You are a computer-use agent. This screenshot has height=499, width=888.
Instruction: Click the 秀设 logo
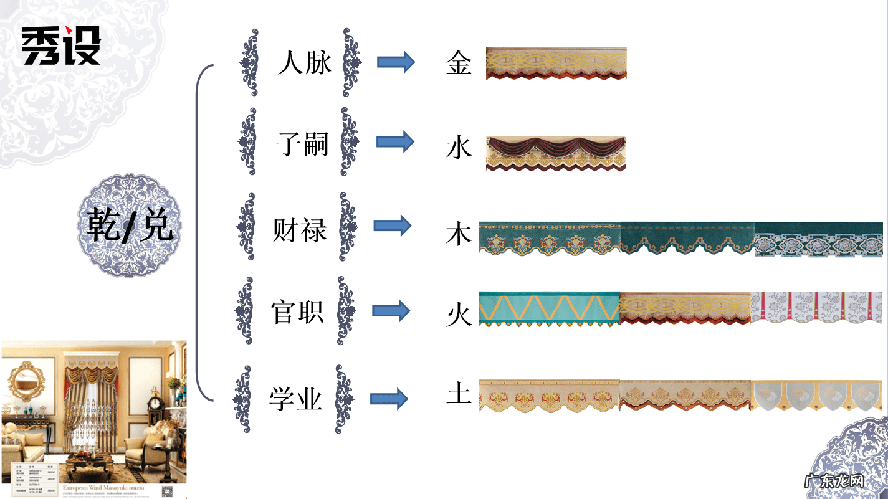pyautogui.click(x=61, y=46)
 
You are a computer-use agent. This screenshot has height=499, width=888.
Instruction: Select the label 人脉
pyautogui.click(x=304, y=63)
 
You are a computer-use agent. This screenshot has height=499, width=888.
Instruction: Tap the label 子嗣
pyautogui.click(x=302, y=145)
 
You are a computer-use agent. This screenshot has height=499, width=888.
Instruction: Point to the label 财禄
pyautogui.click(x=300, y=230)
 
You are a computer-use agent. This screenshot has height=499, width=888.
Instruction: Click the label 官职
pyautogui.click(x=297, y=311)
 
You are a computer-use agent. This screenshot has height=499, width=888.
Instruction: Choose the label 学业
pyautogui.click(x=295, y=399)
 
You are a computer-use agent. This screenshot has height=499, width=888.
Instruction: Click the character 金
pyautogui.click(x=459, y=63)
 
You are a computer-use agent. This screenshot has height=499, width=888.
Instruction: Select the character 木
pyautogui.click(x=459, y=235)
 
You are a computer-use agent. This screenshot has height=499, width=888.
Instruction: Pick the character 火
pyautogui.click(x=459, y=315)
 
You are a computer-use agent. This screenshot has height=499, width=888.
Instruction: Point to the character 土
pyautogui.click(x=459, y=393)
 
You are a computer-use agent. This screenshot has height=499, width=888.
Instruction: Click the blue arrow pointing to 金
pyautogui.click(x=396, y=62)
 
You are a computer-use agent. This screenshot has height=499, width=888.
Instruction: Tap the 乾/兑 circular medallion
pyautogui.click(x=130, y=226)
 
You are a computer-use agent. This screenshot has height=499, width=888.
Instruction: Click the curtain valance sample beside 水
pyautogui.click(x=556, y=153)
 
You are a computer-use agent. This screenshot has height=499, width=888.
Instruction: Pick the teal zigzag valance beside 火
pyautogui.click(x=549, y=309)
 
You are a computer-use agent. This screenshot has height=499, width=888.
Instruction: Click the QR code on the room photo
pyautogui.click(x=166, y=490)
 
